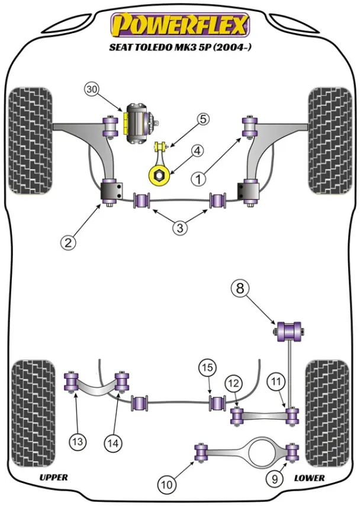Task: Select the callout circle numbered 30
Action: [x=91, y=90]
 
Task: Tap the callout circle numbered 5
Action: [x=203, y=120]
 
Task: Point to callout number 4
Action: [x=196, y=151]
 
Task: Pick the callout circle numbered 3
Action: [x=180, y=227]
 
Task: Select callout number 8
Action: [x=240, y=289]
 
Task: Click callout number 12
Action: [x=233, y=383]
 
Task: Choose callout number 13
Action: [x=78, y=440]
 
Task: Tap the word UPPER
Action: [x=53, y=477]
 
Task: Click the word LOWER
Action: [x=308, y=477]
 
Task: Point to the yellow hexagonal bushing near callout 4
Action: [x=158, y=176]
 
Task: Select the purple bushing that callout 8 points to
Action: [x=290, y=329]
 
